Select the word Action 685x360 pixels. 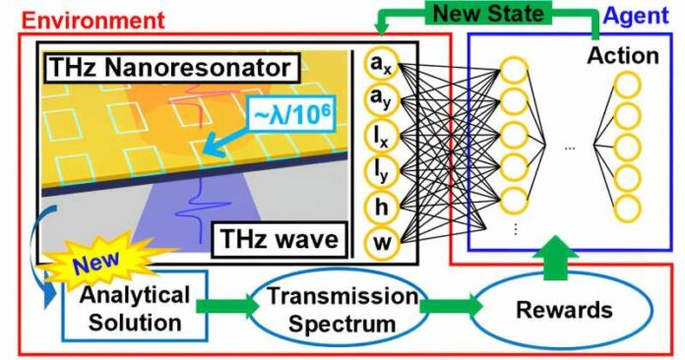pyautogui.click(x=622, y=55)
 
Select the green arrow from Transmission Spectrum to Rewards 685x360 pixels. pyautogui.click(x=447, y=307)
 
